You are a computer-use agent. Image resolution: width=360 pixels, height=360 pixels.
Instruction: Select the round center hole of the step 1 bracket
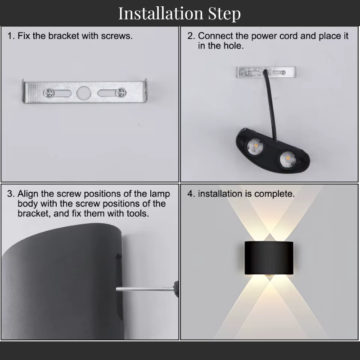point(83,93)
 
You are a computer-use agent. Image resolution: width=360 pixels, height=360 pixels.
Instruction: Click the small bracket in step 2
point(267,72)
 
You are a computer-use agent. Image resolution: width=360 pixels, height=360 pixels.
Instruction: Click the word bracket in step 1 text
point(63,36)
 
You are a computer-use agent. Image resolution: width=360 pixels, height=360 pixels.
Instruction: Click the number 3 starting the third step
point(10,194)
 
